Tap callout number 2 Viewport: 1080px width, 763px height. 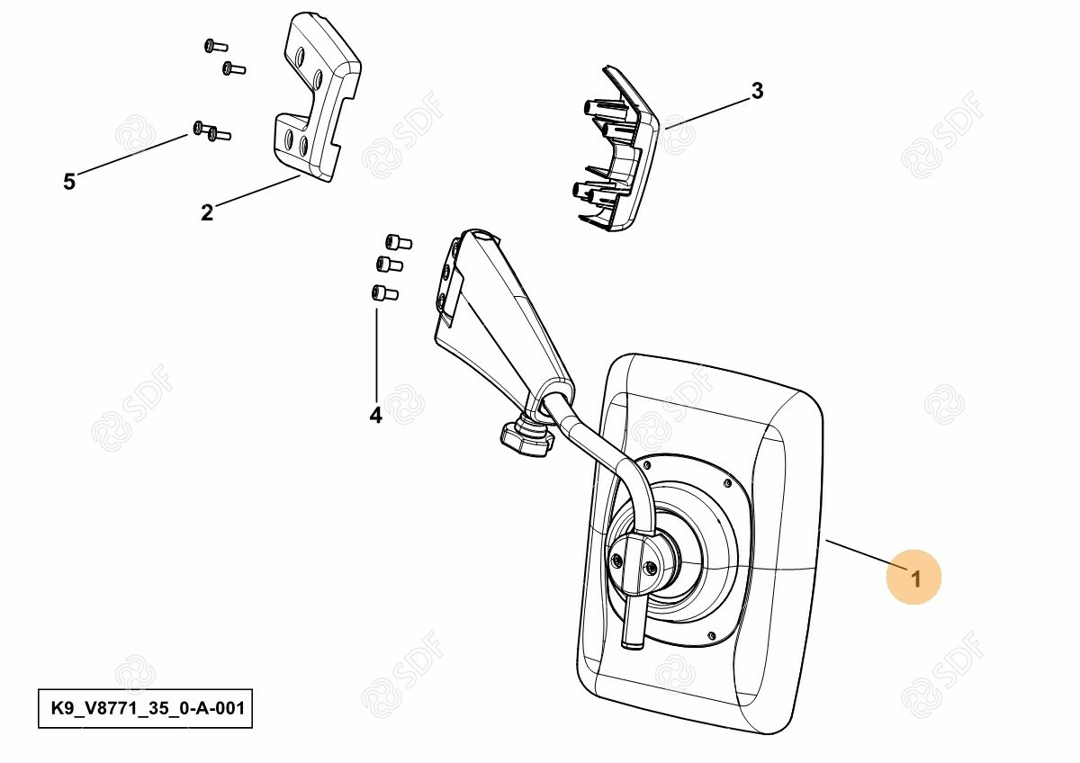tap(207, 212)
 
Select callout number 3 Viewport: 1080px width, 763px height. tap(758, 91)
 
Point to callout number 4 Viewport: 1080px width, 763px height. tap(375, 415)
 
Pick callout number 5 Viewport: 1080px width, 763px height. tap(69, 182)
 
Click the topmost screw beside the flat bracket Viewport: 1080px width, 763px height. tap(215, 46)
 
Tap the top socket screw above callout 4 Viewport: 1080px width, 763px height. tap(398, 241)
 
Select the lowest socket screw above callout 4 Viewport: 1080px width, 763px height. tap(384, 292)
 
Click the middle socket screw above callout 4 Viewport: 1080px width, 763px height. tap(389, 264)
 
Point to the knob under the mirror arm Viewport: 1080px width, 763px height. tap(526, 437)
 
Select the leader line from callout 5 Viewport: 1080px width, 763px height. tap(131, 154)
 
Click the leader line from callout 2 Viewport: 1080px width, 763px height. tap(257, 192)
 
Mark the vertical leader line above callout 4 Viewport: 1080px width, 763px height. tap(376, 355)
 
